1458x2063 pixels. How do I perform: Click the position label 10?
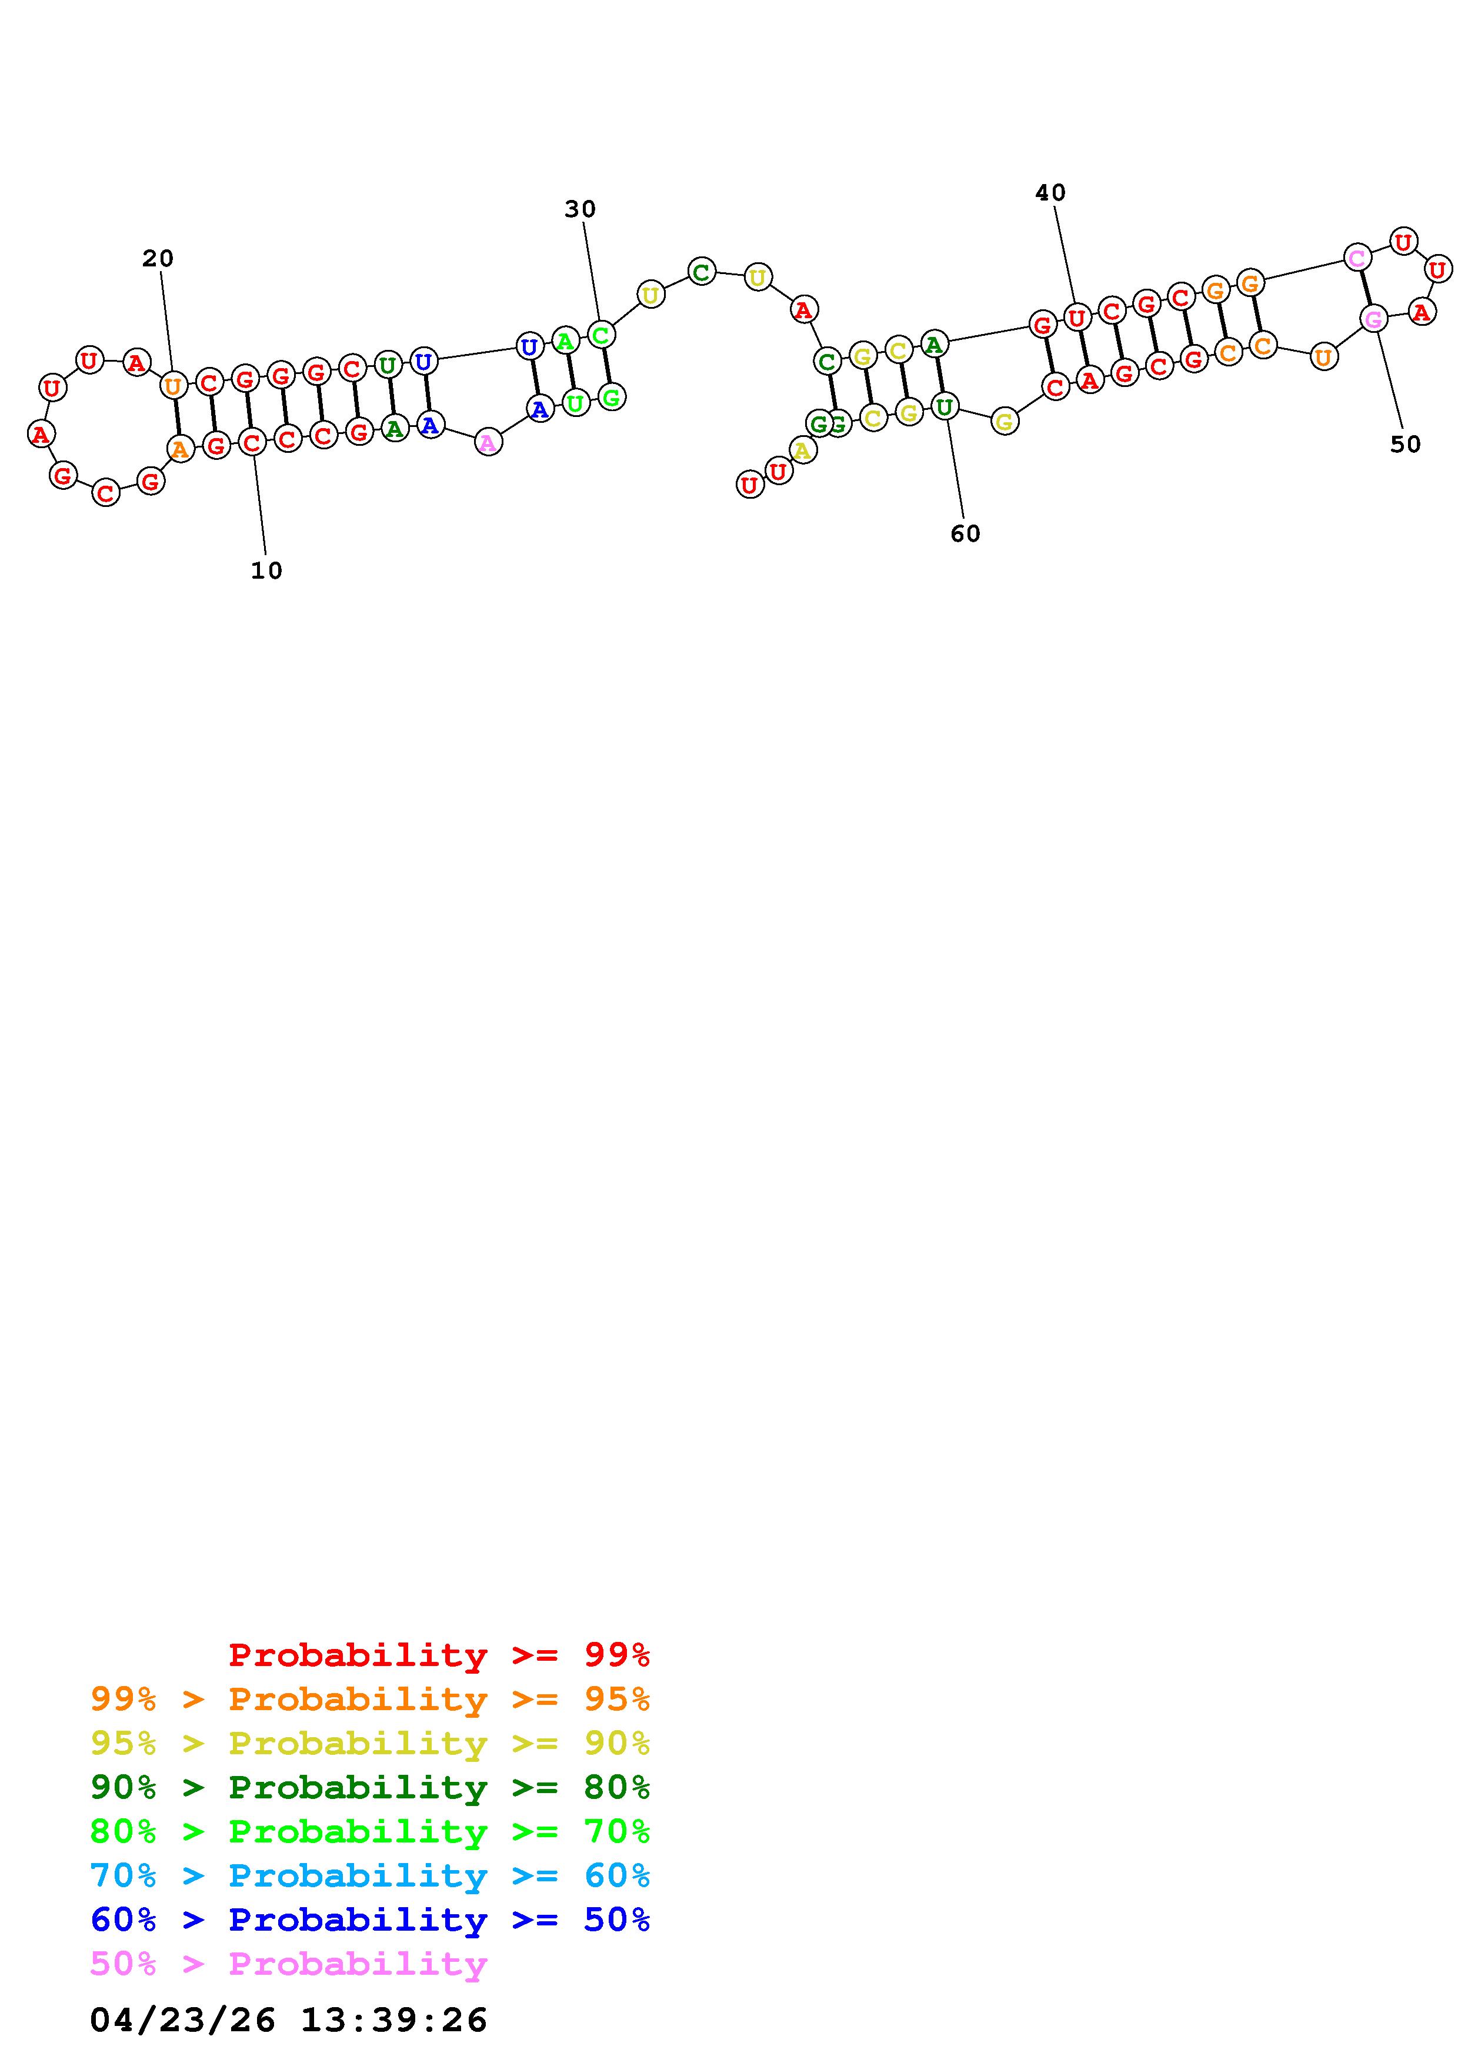tap(266, 570)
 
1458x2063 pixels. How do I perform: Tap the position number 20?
tap(158, 259)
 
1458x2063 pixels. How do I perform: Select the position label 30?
tap(580, 209)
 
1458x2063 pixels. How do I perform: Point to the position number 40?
tap(1050, 192)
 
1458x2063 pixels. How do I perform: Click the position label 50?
tap(1405, 444)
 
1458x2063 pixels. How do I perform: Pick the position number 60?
tap(966, 534)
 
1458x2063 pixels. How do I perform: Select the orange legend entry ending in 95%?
tap(370, 1699)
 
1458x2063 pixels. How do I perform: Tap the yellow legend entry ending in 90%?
tap(370, 1743)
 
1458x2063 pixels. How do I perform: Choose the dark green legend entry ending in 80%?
tap(370, 1787)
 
